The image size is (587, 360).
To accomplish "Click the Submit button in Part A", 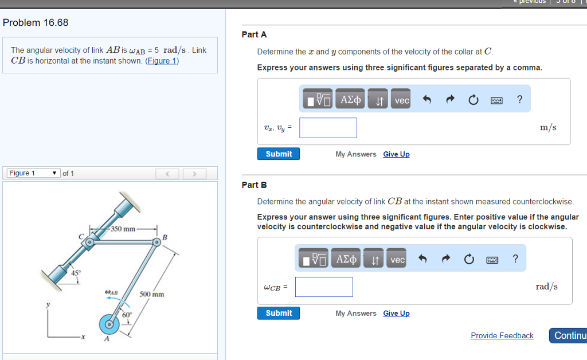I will point(279,154).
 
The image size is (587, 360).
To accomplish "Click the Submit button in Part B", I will point(279,313).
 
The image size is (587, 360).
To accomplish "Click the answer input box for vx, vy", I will point(328,128).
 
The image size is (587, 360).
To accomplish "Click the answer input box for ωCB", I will point(324,287).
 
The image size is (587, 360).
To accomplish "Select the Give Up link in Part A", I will point(396,154).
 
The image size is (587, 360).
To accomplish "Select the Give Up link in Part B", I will point(396,313).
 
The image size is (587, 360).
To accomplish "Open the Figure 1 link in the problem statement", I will point(162,61).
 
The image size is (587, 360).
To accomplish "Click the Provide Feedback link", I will point(502,335).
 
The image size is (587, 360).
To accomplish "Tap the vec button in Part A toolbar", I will point(402,100).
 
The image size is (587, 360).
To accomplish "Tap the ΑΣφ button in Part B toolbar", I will point(346,260).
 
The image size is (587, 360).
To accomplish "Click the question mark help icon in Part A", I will point(519,100).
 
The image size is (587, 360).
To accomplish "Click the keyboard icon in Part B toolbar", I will point(492,260).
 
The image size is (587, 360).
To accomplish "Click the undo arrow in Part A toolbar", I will point(426,100).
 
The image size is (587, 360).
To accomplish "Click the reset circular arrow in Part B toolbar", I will point(469,260).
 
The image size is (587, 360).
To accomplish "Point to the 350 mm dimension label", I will point(123,229).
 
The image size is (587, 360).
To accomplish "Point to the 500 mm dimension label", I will point(152,294).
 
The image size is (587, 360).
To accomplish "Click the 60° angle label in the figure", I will point(126,314).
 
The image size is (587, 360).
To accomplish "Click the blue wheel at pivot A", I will point(108,324).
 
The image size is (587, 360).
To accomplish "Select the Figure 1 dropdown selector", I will point(33,173).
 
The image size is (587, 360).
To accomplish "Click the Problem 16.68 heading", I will point(36,22).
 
